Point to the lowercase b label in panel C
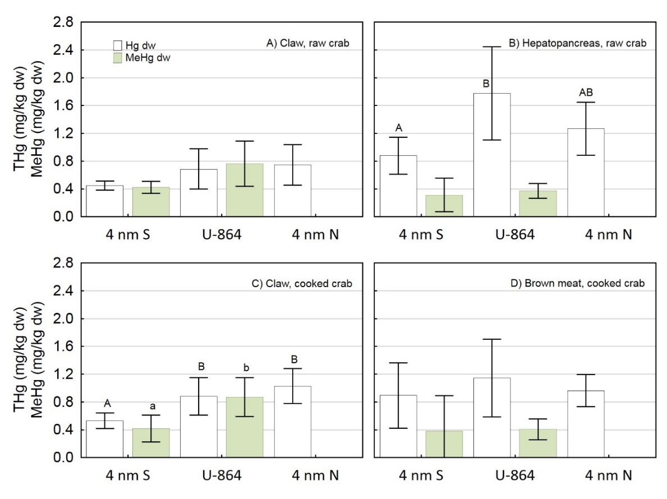point(245,368)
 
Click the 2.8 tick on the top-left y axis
point(62,22)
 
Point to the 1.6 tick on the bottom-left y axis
point(62,346)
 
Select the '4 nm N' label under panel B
point(609,235)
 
